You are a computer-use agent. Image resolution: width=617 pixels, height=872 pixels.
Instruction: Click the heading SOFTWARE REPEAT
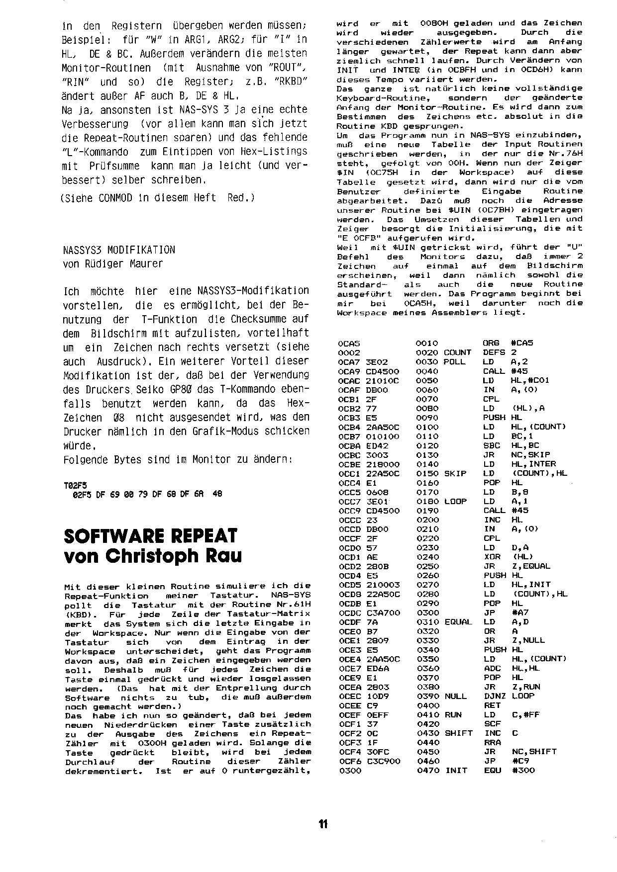click(x=151, y=536)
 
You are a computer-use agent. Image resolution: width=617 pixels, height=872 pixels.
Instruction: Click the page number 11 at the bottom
click(x=323, y=824)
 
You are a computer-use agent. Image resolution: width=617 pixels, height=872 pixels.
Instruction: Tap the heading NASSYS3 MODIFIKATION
click(x=119, y=250)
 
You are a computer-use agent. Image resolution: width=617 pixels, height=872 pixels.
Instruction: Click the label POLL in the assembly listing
click(x=454, y=362)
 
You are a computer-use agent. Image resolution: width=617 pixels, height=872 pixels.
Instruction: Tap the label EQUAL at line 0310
click(x=458, y=621)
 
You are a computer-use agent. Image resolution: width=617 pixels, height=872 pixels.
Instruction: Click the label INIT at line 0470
click(x=456, y=771)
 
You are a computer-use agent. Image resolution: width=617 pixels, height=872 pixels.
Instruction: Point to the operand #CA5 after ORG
click(x=522, y=343)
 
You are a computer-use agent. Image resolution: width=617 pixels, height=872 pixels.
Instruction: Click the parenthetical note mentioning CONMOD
click(x=157, y=198)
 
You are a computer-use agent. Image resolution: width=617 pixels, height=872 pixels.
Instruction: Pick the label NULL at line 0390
click(x=455, y=696)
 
